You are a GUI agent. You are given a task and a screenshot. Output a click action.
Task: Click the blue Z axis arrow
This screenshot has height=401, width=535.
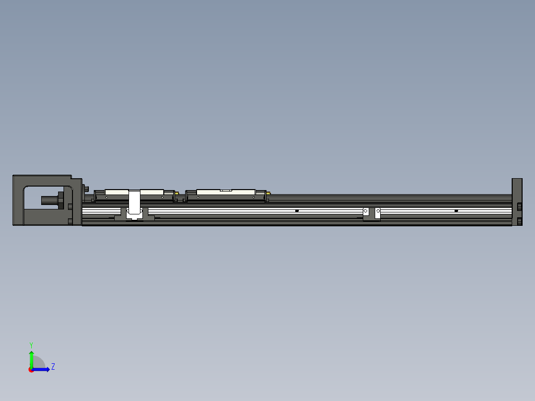click(x=43, y=369)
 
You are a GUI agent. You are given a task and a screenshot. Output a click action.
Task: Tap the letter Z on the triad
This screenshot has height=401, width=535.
click(x=53, y=367)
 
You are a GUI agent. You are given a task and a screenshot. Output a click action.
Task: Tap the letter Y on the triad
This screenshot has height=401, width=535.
click(x=31, y=344)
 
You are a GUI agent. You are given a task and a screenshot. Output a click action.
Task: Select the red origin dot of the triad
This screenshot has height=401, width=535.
click(x=31, y=370)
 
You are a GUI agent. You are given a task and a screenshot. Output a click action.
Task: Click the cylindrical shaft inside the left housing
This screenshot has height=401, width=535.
click(x=49, y=200)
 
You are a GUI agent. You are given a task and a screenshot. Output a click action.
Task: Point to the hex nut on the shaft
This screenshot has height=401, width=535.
click(x=62, y=200)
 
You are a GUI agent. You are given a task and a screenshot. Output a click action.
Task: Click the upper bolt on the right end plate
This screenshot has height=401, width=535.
click(x=519, y=206)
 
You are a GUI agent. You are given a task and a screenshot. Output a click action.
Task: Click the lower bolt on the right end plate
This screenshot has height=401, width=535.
click(x=519, y=221)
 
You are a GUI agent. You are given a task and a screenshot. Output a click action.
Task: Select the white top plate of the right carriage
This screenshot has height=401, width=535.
click(x=226, y=191)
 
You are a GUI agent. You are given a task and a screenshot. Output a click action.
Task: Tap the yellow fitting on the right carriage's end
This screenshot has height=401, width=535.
click(x=269, y=193)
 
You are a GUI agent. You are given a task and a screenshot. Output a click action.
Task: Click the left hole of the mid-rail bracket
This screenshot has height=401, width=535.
click(x=366, y=211)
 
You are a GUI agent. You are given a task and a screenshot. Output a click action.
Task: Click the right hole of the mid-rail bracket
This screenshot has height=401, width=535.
click(x=377, y=211)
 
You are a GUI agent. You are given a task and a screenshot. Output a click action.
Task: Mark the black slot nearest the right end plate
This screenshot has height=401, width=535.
click(x=456, y=211)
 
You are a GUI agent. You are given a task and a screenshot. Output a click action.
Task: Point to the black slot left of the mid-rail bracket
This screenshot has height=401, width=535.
click(x=297, y=211)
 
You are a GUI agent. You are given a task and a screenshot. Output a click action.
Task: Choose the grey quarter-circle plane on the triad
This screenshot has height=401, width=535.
click(x=39, y=363)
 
